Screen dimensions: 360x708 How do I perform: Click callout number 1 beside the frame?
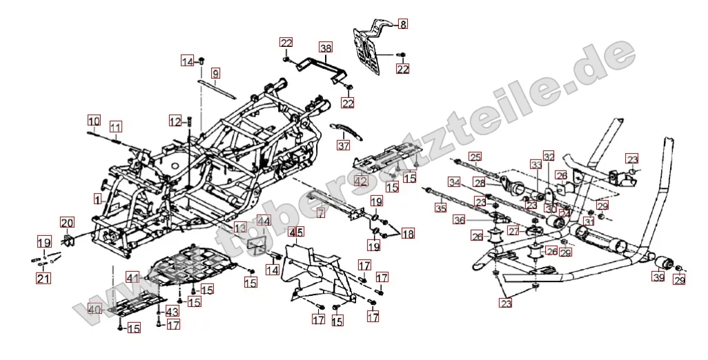click(97, 198)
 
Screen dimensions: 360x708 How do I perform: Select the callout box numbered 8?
click(403, 23)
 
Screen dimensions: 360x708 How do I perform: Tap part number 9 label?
click(215, 73)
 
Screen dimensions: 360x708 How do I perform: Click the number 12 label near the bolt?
click(175, 121)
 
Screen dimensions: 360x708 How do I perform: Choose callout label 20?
click(66, 223)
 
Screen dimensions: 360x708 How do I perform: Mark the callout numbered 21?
click(43, 278)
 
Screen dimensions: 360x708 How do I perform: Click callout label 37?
click(344, 146)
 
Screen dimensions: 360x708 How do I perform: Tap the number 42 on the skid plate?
click(361, 181)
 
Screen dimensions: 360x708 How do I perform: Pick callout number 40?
click(94, 310)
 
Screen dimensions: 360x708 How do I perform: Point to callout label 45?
click(296, 232)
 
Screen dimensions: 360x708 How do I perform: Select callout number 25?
click(475, 156)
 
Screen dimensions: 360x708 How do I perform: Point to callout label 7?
click(320, 214)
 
